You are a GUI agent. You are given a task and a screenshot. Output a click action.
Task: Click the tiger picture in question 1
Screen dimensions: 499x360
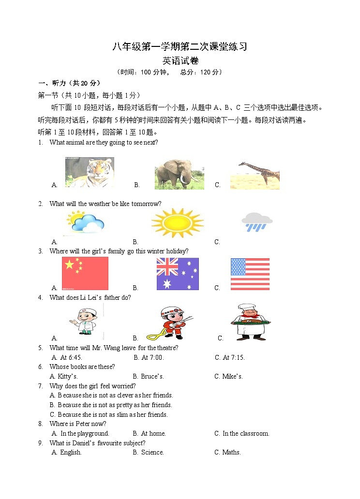pyautogui.click(x=90, y=172)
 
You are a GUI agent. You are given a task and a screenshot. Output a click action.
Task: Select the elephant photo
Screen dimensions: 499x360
pyautogui.click(x=179, y=174)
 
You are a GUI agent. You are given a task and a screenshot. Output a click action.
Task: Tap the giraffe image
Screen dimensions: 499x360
pyautogui.click(x=255, y=175)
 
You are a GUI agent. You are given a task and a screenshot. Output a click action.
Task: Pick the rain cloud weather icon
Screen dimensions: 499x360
pyautogui.click(x=257, y=222)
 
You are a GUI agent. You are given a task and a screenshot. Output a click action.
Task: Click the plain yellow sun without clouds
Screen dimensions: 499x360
pyautogui.click(x=177, y=223)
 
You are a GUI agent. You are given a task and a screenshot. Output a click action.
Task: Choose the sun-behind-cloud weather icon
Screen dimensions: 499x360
pyautogui.click(x=85, y=222)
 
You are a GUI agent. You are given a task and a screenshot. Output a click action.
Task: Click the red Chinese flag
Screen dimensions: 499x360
pyautogui.click(x=85, y=273)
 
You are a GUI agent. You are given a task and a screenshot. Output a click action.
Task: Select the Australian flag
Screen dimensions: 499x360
pyautogui.click(x=177, y=274)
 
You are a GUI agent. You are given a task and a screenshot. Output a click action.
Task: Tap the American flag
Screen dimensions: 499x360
pyautogui.click(x=250, y=274)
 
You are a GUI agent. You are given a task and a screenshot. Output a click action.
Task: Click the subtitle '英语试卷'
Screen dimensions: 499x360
pyautogui.click(x=180, y=61)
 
